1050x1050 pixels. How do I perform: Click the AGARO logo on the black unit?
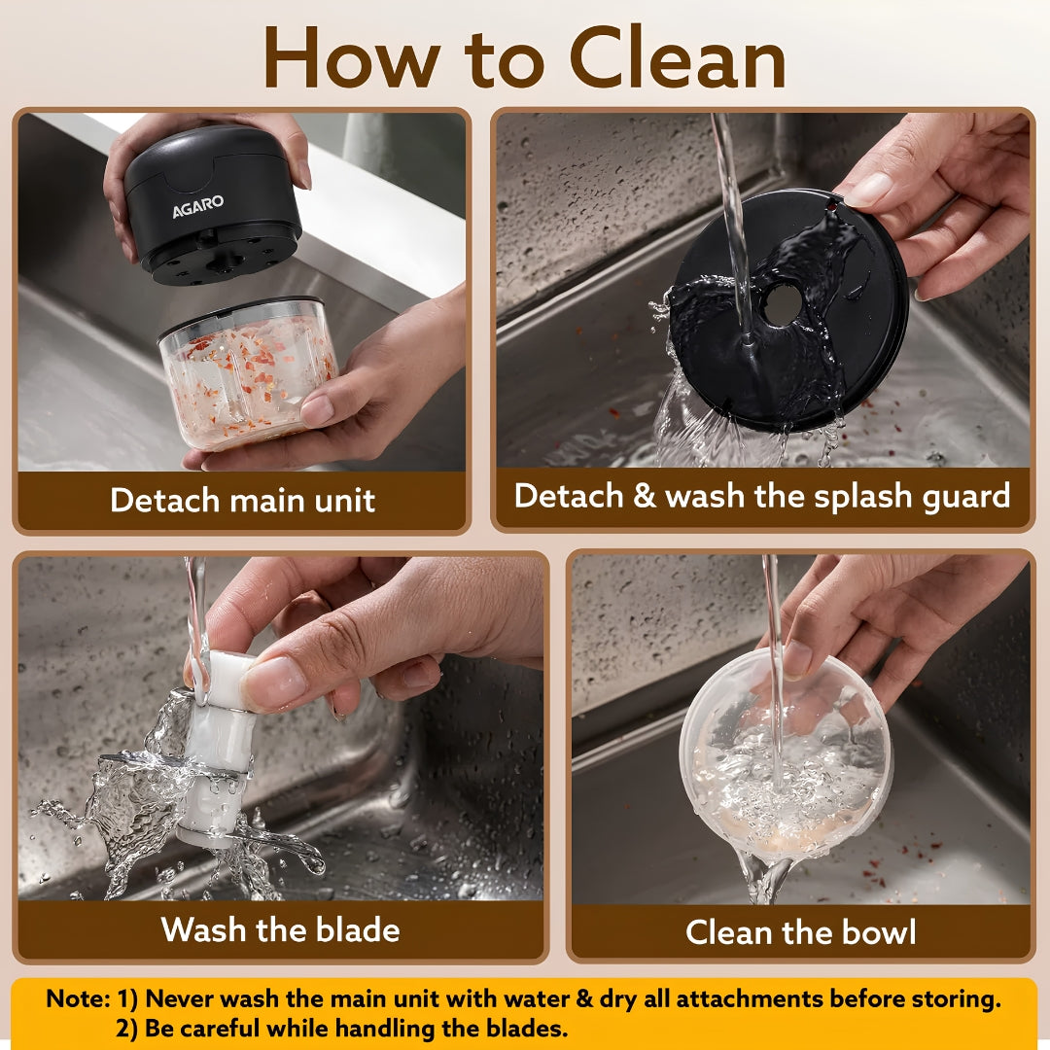pos(197,206)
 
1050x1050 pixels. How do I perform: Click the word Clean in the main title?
pos(678,57)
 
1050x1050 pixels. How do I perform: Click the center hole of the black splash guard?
pos(782,305)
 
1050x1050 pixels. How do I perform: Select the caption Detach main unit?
pos(242,501)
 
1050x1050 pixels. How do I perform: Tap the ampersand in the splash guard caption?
pos(644,496)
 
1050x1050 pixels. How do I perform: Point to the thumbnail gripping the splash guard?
pos(868,191)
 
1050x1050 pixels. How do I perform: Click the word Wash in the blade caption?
pos(203,929)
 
